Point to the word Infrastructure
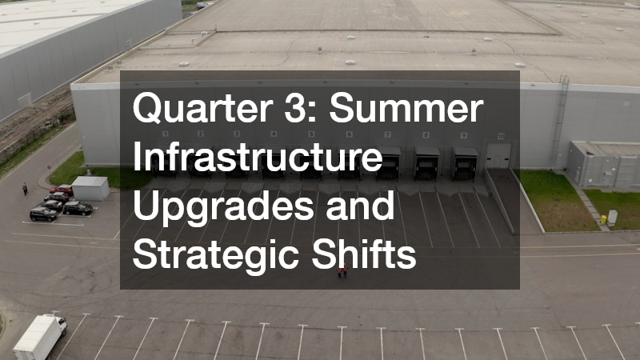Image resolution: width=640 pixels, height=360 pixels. (256, 158)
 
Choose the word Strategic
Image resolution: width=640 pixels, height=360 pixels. (212, 255)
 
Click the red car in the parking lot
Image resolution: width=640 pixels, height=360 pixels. (62, 190)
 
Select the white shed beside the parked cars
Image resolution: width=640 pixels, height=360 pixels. (90, 188)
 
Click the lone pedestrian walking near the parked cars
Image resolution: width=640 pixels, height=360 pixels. (25, 189)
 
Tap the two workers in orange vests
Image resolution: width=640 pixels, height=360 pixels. (342, 272)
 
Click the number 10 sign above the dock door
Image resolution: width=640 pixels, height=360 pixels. (501, 137)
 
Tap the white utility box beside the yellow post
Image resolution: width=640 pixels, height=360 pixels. (612, 217)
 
